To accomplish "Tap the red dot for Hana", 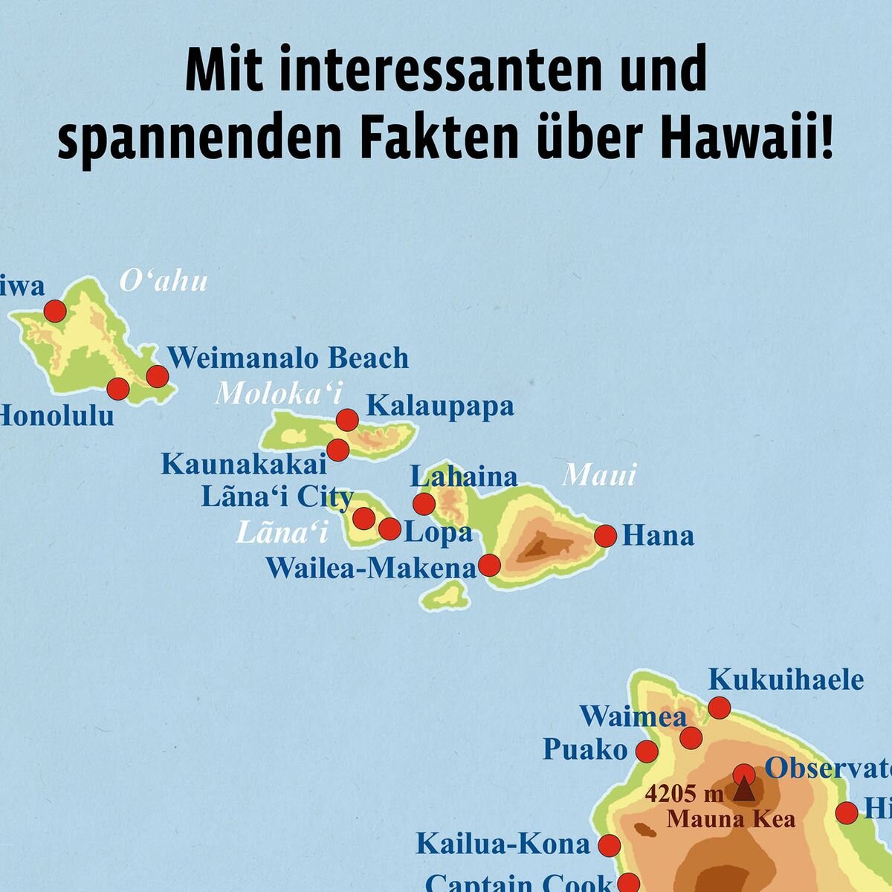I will click(605, 535).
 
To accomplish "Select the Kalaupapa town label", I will click(440, 406).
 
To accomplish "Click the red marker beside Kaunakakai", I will click(338, 450).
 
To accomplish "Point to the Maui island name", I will click(599, 474).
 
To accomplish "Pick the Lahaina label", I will click(464, 476).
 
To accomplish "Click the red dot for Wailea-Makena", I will click(489, 565).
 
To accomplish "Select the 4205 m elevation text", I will click(684, 794).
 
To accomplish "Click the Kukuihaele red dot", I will click(719, 707).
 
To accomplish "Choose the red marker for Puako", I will click(647, 751).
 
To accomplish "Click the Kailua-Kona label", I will click(502, 844).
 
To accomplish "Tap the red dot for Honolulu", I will click(118, 388).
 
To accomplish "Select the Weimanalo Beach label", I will click(288, 358).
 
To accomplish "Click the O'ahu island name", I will click(164, 282).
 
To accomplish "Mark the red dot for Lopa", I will click(390, 529).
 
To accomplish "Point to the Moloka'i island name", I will click(274, 394).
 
